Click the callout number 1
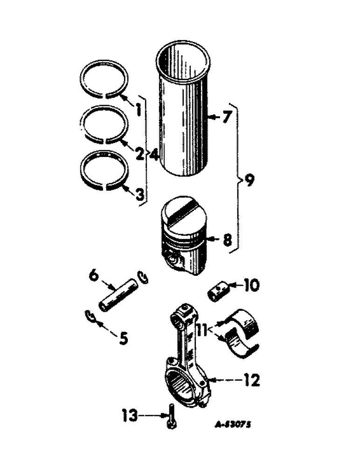[x=138, y=111]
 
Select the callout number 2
[x=139, y=153]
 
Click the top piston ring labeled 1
[x=104, y=80]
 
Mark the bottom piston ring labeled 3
[x=104, y=170]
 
